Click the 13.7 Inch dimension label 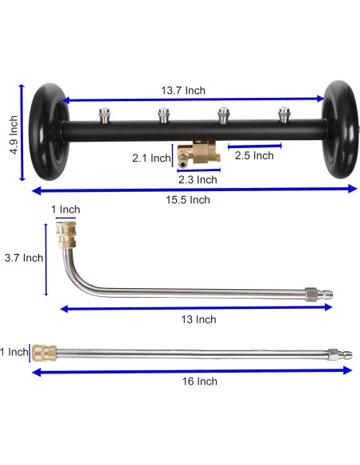click(x=183, y=90)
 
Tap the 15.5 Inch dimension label click(x=188, y=200)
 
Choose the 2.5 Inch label click(x=254, y=156)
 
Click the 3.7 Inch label click(x=24, y=257)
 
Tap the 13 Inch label click(x=194, y=319)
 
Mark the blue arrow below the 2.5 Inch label click(x=252, y=146)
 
